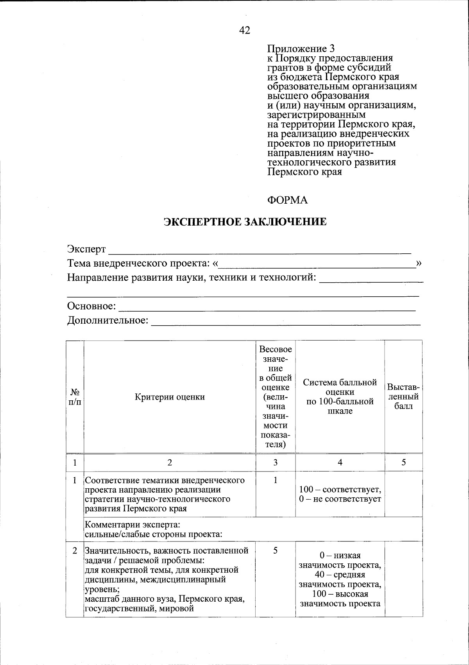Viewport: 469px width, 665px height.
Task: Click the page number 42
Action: coord(245,30)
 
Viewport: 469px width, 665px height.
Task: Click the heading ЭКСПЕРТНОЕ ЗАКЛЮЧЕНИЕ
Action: coord(245,222)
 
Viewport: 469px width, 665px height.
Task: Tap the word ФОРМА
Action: coord(287,200)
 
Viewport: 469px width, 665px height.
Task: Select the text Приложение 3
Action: coord(301,49)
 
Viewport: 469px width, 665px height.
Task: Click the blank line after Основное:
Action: coord(267,307)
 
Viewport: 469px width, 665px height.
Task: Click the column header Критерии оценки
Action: coord(170,397)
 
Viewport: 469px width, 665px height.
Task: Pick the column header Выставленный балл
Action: coord(403,396)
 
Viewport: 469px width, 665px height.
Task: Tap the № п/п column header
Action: coord(75,396)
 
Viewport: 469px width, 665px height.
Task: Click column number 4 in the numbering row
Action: coord(340,462)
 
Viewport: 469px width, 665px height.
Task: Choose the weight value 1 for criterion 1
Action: coord(276,480)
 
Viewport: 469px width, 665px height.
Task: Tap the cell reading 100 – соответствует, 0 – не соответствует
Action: coord(340,494)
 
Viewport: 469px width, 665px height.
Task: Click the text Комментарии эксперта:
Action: coord(132,524)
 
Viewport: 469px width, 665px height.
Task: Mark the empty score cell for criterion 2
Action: coord(403,579)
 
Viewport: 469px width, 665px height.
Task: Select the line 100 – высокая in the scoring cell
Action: coord(340,594)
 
